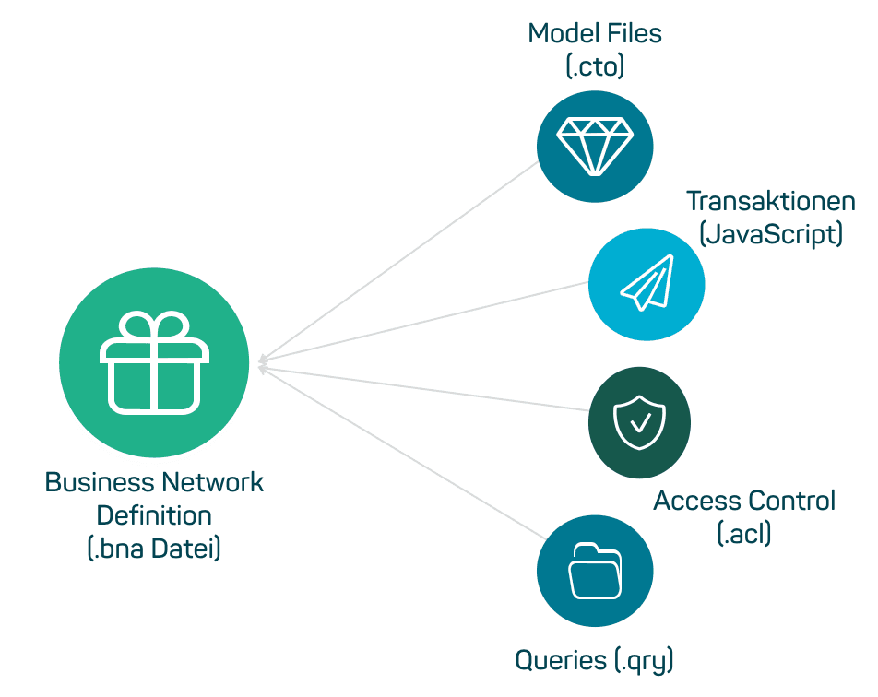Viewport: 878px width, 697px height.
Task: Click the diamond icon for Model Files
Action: [595, 145]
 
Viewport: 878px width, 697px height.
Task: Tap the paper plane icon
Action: [647, 283]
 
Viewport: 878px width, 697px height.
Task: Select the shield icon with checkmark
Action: [639, 422]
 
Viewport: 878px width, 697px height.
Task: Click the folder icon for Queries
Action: [595, 571]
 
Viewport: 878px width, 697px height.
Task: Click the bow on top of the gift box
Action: [155, 327]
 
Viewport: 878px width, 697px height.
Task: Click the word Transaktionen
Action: [771, 201]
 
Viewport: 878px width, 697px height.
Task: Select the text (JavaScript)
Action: [771, 234]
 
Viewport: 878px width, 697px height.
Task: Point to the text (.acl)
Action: [743, 534]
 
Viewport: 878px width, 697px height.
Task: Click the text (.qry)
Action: [645, 660]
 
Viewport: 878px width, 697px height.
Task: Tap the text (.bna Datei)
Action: [154, 549]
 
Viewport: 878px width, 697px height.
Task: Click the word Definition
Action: [154, 515]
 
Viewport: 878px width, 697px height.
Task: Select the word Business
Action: [100, 482]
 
